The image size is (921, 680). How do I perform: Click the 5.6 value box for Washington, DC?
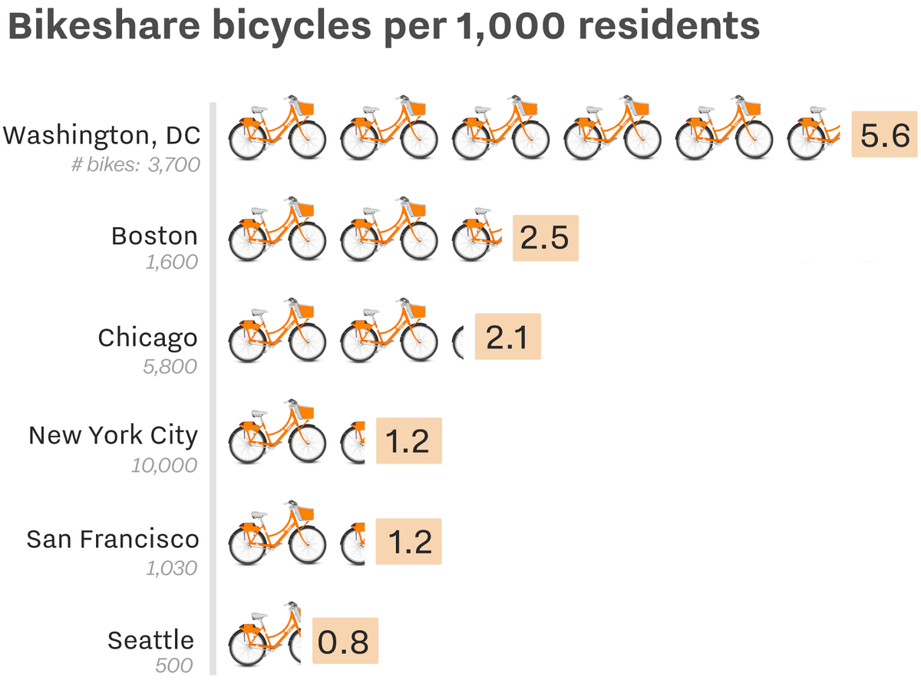885,134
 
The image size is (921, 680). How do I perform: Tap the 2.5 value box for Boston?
545,237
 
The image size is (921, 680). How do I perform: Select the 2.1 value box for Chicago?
508,337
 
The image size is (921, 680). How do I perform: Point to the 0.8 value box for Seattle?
345,642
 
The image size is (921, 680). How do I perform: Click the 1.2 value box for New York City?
408,441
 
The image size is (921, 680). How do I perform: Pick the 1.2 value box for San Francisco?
408,541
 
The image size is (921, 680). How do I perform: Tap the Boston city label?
154,236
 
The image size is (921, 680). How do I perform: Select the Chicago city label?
147,338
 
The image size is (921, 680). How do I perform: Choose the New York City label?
113,436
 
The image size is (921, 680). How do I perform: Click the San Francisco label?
113,539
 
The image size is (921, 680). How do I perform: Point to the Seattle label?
151,640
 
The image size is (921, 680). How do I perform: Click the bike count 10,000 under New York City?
163,465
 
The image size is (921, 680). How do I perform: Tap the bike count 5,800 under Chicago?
170,366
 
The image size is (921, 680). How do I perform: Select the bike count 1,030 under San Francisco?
170,568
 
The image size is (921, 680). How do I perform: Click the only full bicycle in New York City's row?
279,434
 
